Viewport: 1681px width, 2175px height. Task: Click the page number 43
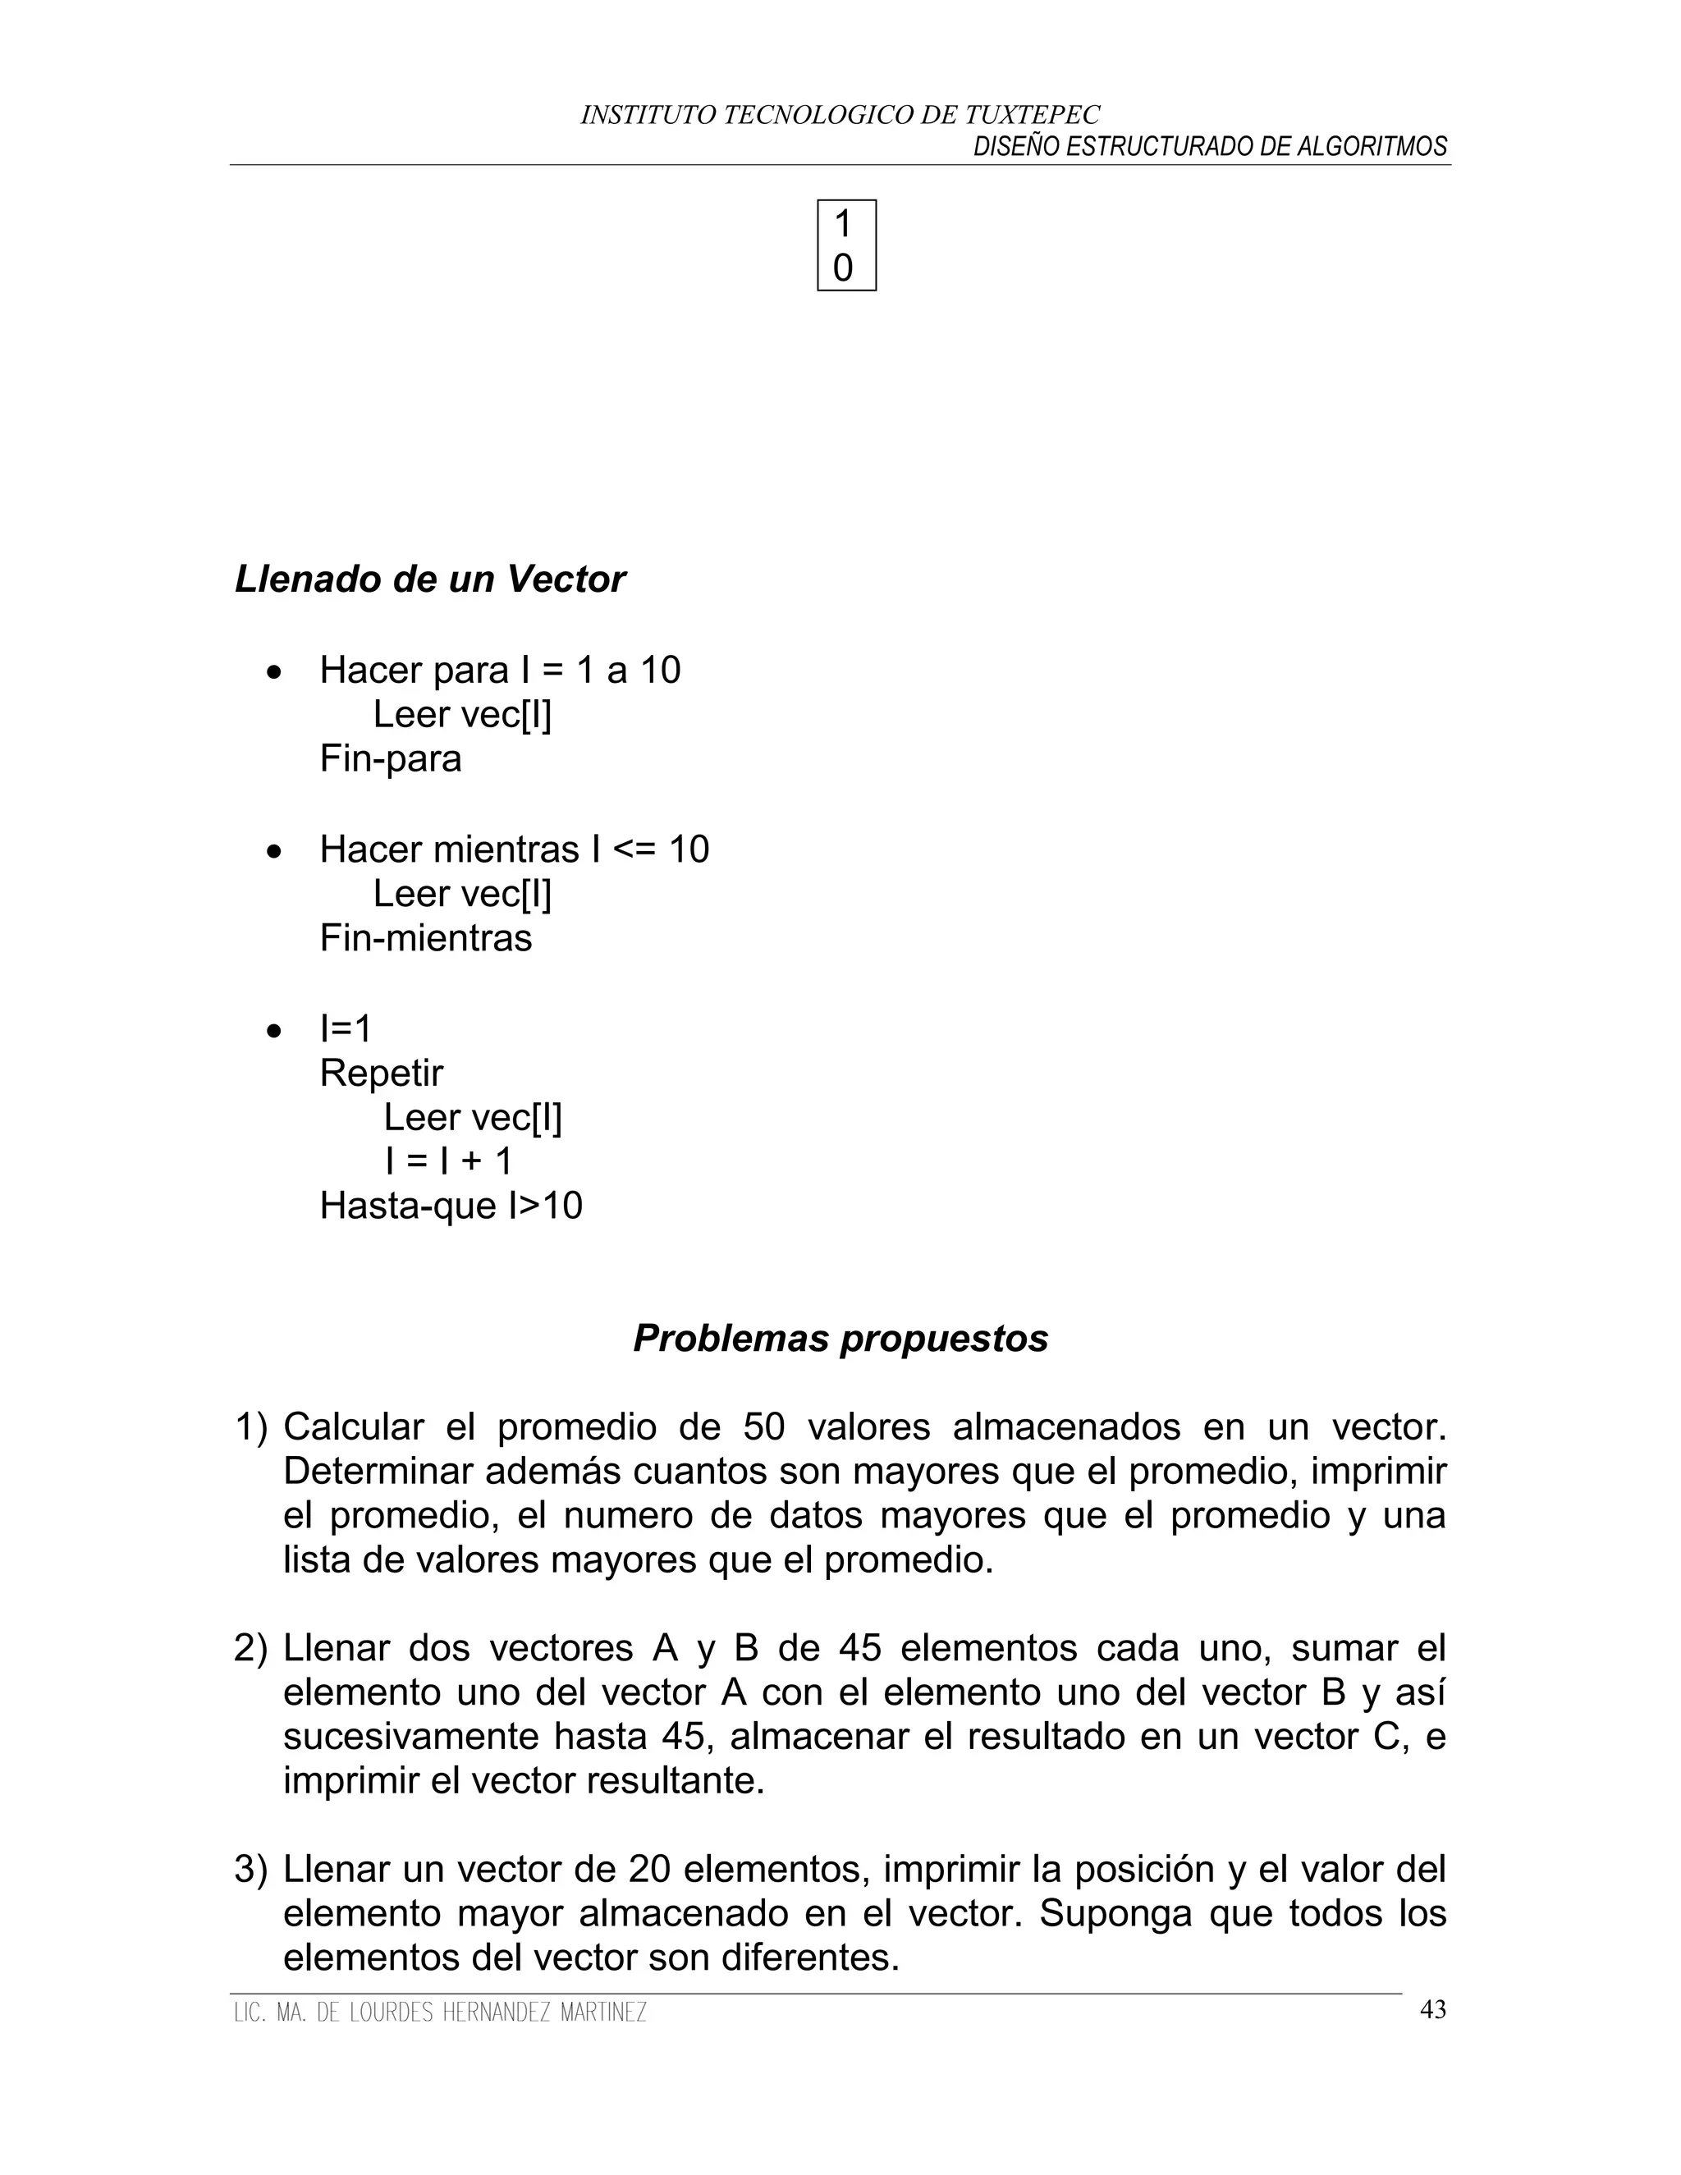pos(1432,2010)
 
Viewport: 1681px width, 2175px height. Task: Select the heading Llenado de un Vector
pos(429,579)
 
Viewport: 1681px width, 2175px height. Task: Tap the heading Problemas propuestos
pos(840,1339)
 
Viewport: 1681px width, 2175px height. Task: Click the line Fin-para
pos(391,759)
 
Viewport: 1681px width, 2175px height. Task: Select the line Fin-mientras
pos(425,938)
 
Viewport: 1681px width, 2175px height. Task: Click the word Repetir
pos(382,1073)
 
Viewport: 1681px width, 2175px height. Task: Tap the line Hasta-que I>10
pos(450,1206)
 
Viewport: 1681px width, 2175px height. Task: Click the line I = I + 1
pos(448,1161)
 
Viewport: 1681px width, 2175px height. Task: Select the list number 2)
pos(251,1649)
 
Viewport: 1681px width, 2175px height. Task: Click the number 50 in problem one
pos(764,1427)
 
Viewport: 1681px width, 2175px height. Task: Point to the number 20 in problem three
pos(649,1870)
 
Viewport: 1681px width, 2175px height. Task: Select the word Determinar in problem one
pos(373,1472)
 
